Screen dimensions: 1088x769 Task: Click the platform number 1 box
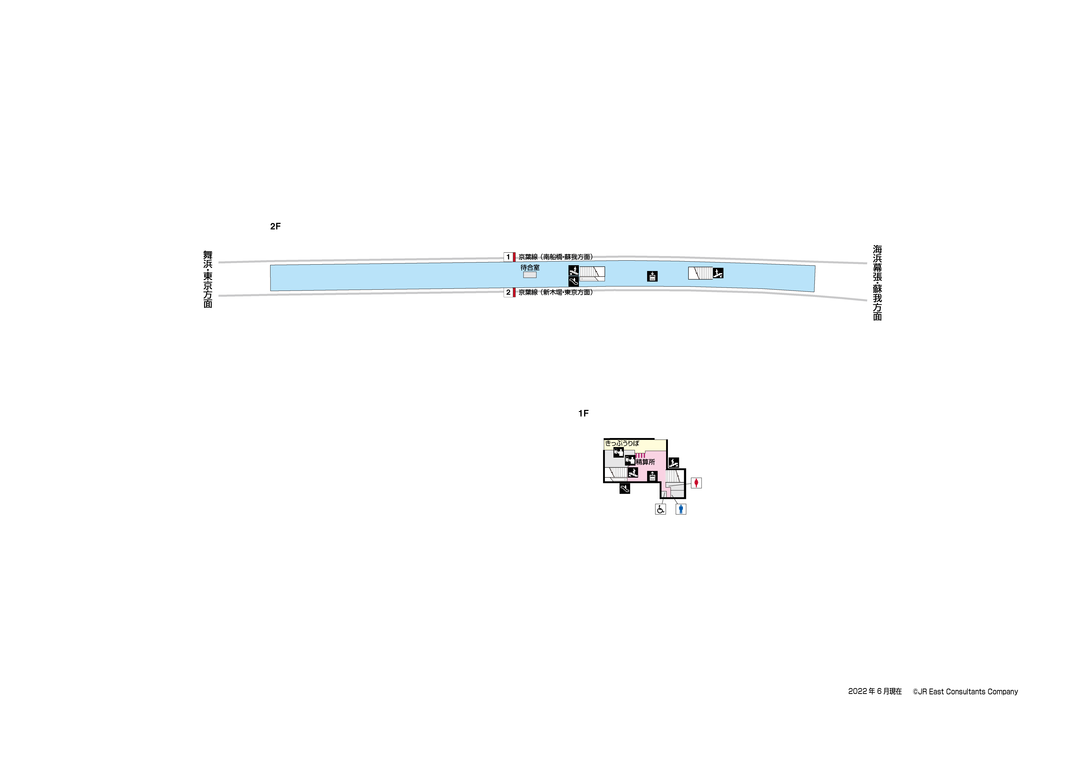pos(508,257)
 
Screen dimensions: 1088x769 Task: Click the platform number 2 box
pos(508,292)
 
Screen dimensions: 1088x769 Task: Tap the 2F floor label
pos(275,226)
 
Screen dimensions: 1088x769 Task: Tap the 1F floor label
pos(583,414)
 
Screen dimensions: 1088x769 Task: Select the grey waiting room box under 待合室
pos(530,275)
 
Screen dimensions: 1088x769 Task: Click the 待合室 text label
pos(530,268)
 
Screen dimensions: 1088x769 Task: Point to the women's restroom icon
pos(696,483)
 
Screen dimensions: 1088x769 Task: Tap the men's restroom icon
pos(681,509)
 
